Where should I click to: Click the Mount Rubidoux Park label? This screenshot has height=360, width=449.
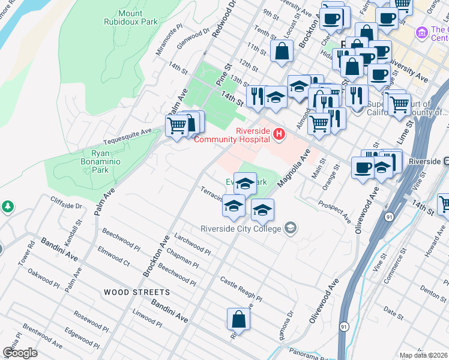point(138,17)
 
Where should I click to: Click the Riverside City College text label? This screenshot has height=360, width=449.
point(241,229)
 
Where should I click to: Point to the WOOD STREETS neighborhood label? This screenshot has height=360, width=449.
point(136,292)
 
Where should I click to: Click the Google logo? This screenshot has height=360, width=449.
point(20,352)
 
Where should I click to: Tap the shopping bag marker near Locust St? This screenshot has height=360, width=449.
point(282,52)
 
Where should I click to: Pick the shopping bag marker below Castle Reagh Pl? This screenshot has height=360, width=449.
point(238,320)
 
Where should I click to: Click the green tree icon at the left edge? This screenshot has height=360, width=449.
point(7,207)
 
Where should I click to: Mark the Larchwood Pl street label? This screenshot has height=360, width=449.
point(192,244)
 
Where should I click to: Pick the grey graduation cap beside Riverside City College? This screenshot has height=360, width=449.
point(291,228)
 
